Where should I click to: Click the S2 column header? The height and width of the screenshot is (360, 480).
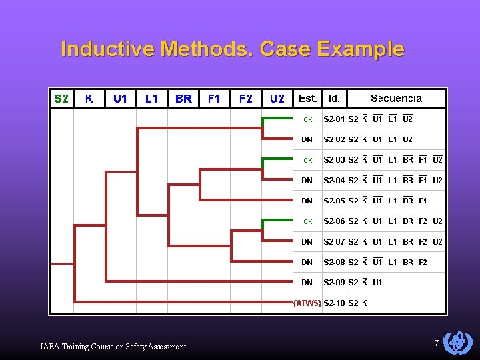click(x=61, y=99)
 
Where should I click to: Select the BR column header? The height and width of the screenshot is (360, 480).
click(x=183, y=99)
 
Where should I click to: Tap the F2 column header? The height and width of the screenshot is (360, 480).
click(x=246, y=99)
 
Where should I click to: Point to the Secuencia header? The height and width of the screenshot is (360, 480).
click(x=396, y=99)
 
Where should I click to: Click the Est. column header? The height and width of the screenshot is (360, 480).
click(x=308, y=99)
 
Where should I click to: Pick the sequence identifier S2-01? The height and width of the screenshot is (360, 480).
click(x=334, y=119)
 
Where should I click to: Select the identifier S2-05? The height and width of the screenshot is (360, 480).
click(x=334, y=201)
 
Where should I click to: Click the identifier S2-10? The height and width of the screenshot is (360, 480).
click(x=334, y=303)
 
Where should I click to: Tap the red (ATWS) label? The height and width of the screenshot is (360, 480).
click(x=307, y=303)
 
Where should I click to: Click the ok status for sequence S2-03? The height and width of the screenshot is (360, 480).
click(x=307, y=160)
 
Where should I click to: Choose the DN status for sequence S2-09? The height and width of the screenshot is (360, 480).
click(x=307, y=283)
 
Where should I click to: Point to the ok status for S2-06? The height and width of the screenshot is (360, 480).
click(x=307, y=221)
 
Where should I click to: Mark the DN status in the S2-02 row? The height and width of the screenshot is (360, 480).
click(x=307, y=140)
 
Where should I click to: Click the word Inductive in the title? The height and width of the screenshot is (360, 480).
click(x=98, y=49)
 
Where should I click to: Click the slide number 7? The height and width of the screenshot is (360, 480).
click(x=437, y=343)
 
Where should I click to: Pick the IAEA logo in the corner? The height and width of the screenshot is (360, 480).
click(x=457, y=342)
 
